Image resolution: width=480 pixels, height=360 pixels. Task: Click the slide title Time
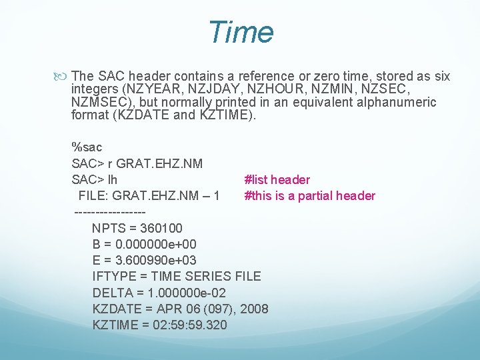coord(240,32)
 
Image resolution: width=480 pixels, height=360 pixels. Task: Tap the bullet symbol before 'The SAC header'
coord(64,77)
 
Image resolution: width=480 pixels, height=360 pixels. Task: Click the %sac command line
coord(87,147)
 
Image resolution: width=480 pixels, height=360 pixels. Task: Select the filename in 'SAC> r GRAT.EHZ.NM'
coord(159,163)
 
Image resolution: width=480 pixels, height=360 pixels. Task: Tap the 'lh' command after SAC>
coord(111,179)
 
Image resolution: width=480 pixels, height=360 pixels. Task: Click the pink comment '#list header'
coord(277,179)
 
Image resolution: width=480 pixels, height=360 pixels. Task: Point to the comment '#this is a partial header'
coord(309,195)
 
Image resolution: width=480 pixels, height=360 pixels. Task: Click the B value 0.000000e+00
coord(156,244)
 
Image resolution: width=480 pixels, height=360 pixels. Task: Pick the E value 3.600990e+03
coord(156,260)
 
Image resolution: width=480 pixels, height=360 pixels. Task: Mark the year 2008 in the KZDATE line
coord(254,309)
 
